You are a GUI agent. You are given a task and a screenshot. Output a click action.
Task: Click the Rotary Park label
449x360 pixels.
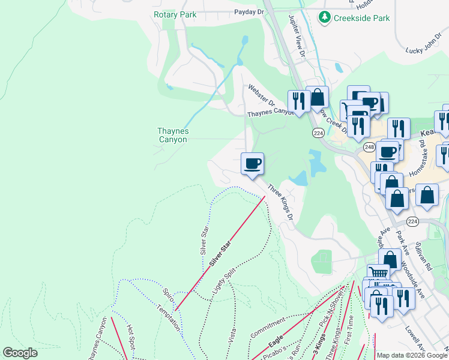(175, 14)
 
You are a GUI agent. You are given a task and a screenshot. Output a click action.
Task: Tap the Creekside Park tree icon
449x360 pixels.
(325, 17)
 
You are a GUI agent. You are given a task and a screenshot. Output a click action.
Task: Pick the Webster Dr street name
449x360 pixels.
(261, 95)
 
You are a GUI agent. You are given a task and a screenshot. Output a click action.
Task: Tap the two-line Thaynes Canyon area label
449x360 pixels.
(173, 135)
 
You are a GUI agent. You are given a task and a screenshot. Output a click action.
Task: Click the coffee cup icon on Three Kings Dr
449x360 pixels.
(252, 163)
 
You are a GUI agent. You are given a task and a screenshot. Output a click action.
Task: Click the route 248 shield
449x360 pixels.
(369, 147)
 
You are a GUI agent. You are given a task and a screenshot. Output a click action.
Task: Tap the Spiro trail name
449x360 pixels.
(168, 295)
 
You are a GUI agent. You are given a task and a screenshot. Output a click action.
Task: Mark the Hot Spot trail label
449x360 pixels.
(130, 338)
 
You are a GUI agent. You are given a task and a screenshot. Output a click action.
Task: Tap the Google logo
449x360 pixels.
(20, 352)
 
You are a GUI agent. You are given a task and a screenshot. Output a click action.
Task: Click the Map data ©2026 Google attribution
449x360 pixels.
(412, 355)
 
